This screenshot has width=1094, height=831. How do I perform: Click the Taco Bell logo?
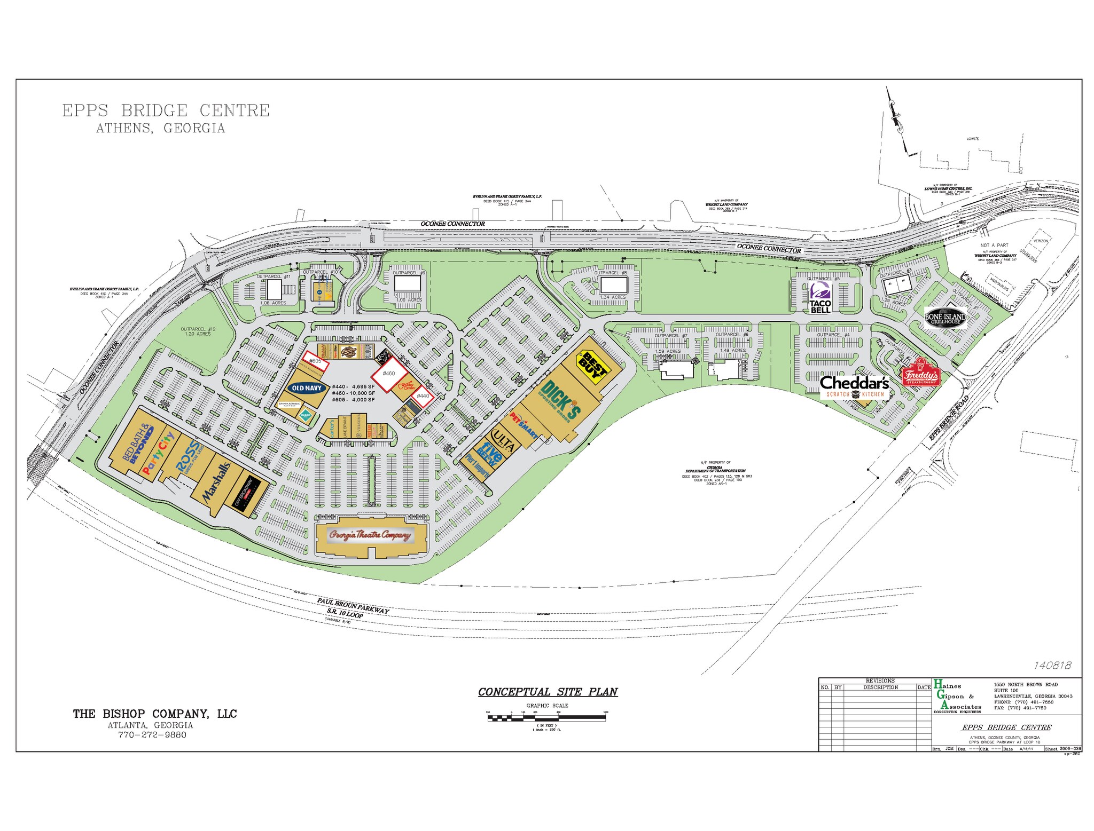[820, 298]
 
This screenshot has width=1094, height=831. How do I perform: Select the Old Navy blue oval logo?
[307, 388]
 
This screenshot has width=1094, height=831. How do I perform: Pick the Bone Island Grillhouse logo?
[945, 318]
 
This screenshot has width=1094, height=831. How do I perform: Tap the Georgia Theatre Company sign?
[370, 535]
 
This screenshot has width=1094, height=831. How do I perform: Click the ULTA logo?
[503, 440]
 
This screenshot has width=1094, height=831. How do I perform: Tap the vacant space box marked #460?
[389, 373]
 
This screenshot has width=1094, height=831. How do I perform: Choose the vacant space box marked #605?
[316, 361]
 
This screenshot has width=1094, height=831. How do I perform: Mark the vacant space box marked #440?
[423, 396]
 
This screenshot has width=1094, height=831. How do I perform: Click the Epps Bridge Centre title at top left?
[166, 111]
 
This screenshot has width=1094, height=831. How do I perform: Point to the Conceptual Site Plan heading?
[548, 692]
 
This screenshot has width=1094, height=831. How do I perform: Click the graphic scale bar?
[546, 718]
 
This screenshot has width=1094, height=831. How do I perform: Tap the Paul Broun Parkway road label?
[353, 606]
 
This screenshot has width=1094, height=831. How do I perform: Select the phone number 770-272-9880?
[152, 734]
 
